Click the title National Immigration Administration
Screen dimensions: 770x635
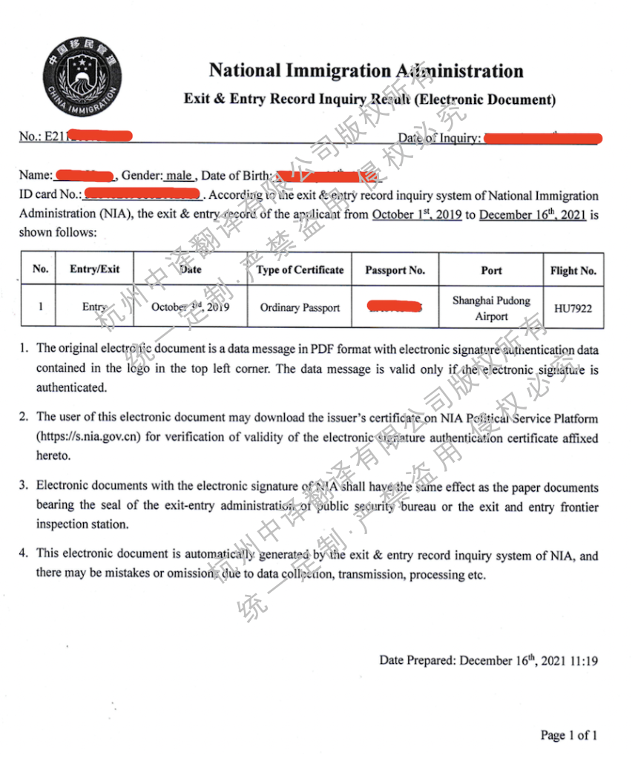coord(366,71)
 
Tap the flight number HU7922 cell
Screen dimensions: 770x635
coord(573,308)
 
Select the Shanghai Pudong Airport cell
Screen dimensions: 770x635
coord(491,308)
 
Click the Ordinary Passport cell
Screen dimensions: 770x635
coord(300,308)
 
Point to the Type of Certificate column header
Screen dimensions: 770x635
coord(300,270)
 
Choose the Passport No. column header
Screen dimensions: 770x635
coord(395,270)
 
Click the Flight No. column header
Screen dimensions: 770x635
coord(573,271)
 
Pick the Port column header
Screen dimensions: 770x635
coord(491,270)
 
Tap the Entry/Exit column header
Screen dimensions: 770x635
coord(94,269)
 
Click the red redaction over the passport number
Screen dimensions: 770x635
coord(395,306)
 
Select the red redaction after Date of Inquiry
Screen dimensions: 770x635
coord(542,138)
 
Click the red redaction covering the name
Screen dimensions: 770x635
coord(85,176)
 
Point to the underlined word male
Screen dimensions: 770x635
coord(179,176)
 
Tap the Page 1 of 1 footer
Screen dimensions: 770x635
coord(569,735)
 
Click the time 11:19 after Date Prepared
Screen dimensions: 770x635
coord(584,660)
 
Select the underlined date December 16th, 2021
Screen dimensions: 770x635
coord(533,216)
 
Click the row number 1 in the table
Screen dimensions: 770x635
coord(40,306)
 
